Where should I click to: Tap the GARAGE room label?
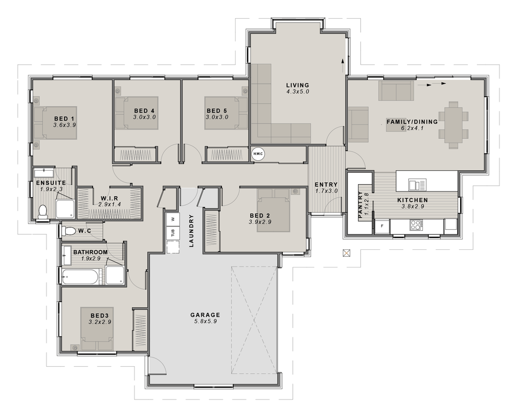205,315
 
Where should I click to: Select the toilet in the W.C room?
68,231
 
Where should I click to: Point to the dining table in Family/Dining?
453,125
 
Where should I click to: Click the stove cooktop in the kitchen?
416,225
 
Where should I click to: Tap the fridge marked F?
382,226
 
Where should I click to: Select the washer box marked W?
173,219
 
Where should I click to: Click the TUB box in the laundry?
173,233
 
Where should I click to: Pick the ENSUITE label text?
51,183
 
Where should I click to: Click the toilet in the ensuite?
42,212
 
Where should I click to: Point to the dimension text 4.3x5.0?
298,92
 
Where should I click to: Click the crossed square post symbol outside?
346,253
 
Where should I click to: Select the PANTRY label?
360,205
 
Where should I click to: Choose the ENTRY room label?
326,185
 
